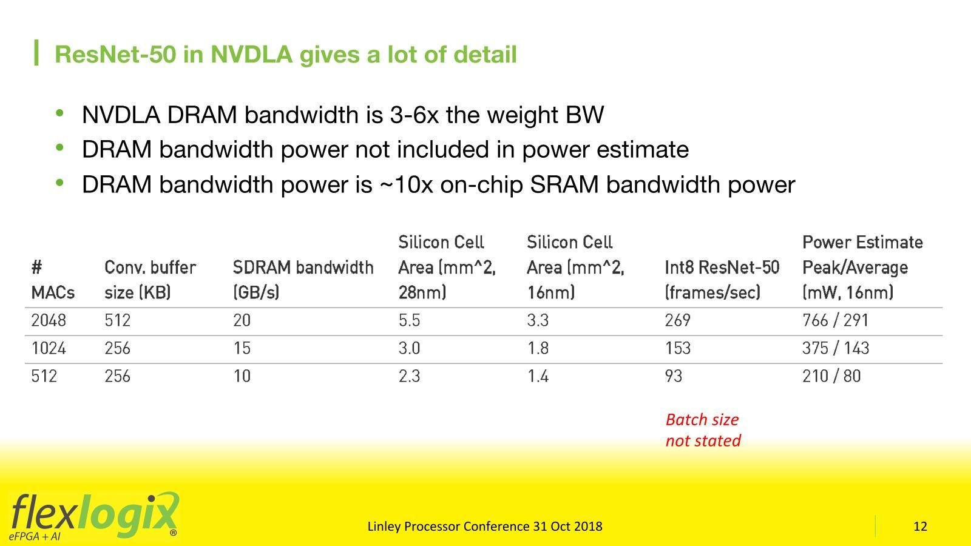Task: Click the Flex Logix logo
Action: click(x=94, y=516)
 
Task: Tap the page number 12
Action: click(x=920, y=526)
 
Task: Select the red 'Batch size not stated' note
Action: click(x=703, y=430)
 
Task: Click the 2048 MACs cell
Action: click(x=49, y=320)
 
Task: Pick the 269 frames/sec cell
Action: click(x=677, y=320)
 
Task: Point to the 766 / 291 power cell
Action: click(x=835, y=320)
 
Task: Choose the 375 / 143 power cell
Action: click(x=835, y=348)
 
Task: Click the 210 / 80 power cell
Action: click(x=831, y=376)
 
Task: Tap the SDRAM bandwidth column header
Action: click(x=303, y=280)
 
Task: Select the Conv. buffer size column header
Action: click(x=150, y=280)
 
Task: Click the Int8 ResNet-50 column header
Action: click(x=722, y=280)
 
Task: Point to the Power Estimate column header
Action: click(x=862, y=267)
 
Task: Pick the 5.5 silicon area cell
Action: click(x=409, y=320)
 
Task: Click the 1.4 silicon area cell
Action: click(x=538, y=376)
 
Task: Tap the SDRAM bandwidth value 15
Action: click(x=242, y=348)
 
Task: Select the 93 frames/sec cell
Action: click(x=673, y=376)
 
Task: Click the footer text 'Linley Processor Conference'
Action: click(x=448, y=526)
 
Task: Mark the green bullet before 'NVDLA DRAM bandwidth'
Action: click(x=60, y=113)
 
